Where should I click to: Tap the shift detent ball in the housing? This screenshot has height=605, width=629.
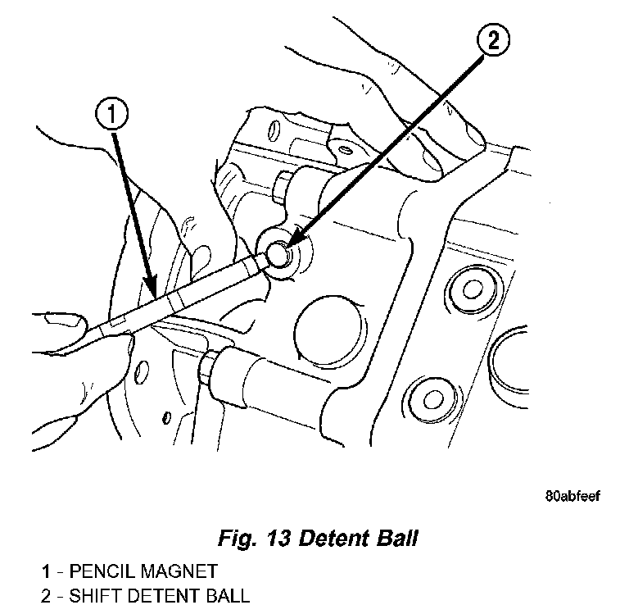[x=278, y=255]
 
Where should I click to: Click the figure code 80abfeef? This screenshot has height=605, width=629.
[x=572, y=496]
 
